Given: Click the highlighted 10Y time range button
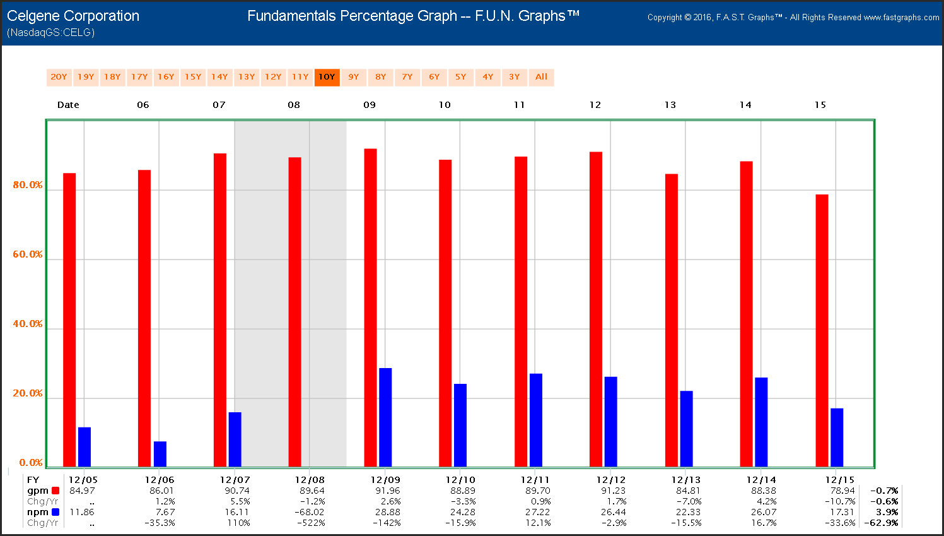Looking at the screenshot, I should [x=327, y=77].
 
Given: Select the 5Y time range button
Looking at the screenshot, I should [x=461, y=77].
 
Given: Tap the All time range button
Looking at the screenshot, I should [x=541, y=77].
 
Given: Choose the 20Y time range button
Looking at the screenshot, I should [x=59, y=77].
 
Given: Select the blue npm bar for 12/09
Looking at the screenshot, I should [x=385, y=417].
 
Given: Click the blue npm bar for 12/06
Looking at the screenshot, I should [x=160, y=454].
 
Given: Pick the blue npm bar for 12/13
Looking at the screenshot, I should [x=686, y=429].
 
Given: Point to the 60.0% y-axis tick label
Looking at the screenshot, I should [x=28, y=254].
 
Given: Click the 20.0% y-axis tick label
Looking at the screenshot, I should [x=28, y=393].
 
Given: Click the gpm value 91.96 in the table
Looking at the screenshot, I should [x=387, y=491].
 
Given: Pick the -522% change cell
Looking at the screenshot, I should [x=312, y=523].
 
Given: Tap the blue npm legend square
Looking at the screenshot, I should [x=55, y=512].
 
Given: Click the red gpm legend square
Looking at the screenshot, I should [x=55, y=491].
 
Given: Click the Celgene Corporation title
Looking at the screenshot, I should [x=73, y=16].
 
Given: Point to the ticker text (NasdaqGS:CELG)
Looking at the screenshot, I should [x=51, y=32].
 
